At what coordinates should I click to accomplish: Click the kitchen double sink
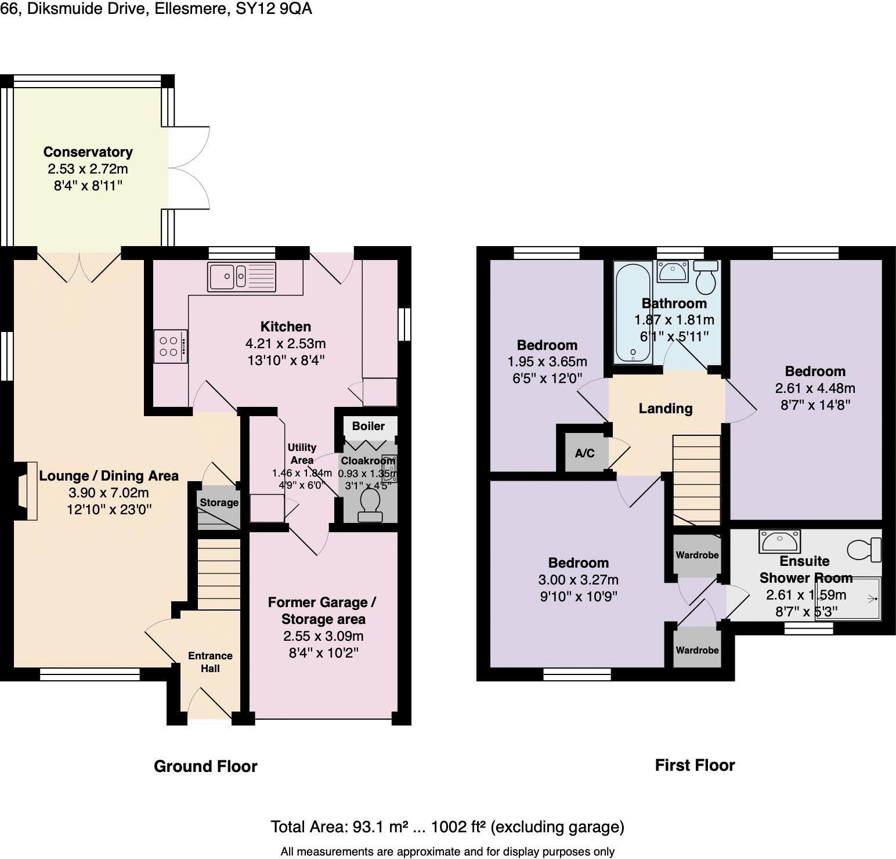[x=242, y=276]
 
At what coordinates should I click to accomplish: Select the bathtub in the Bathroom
[x=631, y=312]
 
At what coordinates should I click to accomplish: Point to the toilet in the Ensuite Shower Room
[x=865, y=549]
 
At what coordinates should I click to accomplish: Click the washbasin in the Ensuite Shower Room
[x=779, y=542]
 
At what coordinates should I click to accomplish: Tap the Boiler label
[x=368, y=426]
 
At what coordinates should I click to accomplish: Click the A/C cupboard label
[x=584, y=453]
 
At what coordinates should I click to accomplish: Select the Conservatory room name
[x=88, y=152]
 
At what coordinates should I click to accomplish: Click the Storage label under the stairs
[x=219, y=503]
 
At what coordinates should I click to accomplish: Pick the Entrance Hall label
[x=210, y=662]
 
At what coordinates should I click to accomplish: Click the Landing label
[x=666, y=409]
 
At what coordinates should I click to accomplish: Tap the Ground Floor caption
[x=205, y=767]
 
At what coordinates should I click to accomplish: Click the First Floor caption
[x=695, y=766]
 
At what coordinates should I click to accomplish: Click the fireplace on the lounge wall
[x=27, y=491]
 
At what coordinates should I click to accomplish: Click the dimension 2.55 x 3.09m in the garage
[x=323, y=636]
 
